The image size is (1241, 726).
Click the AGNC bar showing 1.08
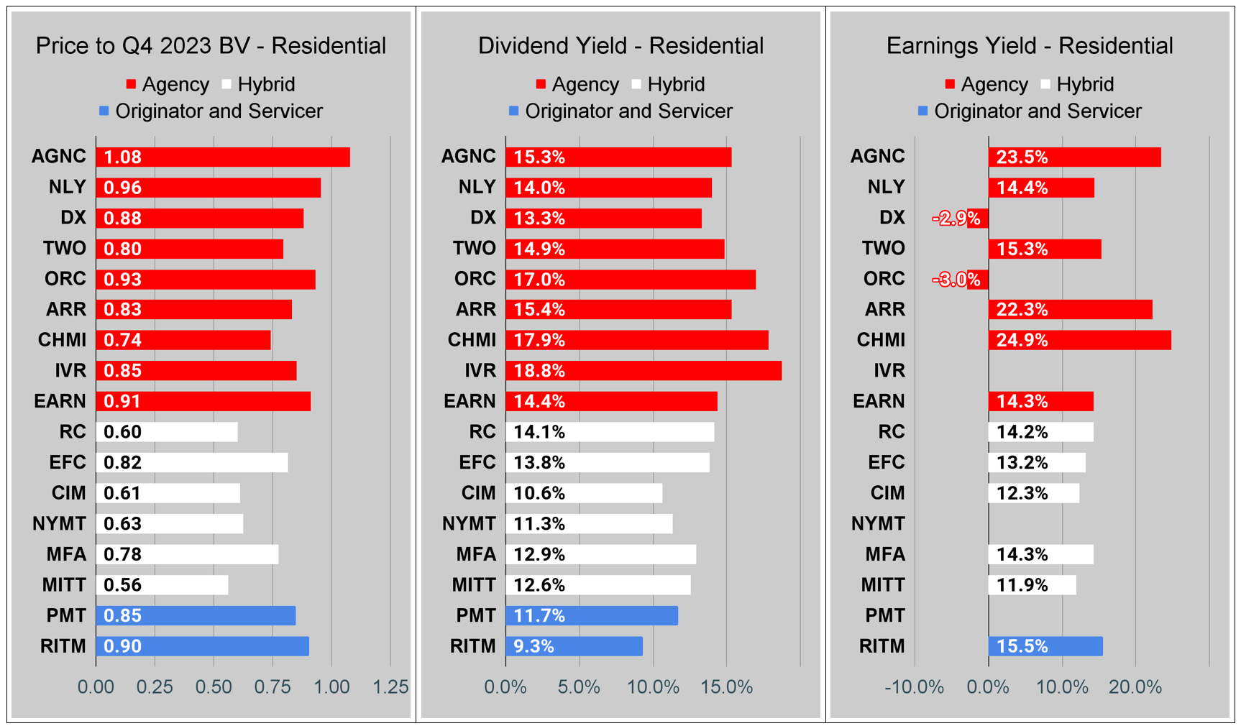click(223, 157)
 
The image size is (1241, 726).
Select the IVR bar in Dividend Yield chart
click(644, 371)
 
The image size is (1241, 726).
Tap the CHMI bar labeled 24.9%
click(1079, 340)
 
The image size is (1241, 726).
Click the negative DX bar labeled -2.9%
click(977, 219)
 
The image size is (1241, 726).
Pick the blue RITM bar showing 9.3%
click(574, 646)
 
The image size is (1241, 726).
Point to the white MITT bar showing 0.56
click(162, 585)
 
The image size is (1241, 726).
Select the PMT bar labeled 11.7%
click(591, 616)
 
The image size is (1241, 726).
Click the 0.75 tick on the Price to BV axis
click(273, 687)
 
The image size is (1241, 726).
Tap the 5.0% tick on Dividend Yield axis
click(579, 687)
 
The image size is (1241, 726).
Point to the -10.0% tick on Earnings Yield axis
click(914, 687)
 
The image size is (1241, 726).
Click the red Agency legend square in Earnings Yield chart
click(950, 85)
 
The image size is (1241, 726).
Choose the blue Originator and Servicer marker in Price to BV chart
click(104, 111)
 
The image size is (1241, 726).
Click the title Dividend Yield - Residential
click(620, 46)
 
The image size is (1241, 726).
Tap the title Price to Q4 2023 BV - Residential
click(211, 46)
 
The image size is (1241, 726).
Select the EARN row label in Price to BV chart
click(60, 401)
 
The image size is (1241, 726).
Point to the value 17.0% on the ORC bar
click(539, 280)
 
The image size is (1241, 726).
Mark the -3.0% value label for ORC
click(956, 280)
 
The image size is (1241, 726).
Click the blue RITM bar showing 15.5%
click(1045, 646)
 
